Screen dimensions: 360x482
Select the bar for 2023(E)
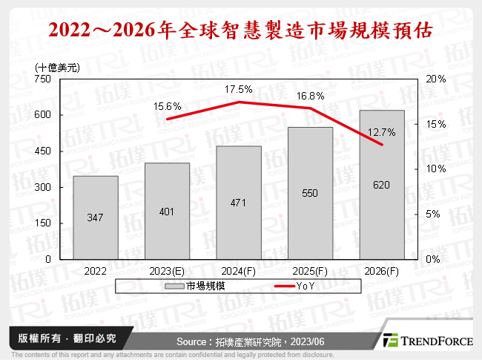[x=167, y=211]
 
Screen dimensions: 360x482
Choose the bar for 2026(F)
[x=382, y=185]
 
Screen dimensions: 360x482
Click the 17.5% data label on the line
[x=239, y=89]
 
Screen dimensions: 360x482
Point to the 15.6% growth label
[x=167, y=107]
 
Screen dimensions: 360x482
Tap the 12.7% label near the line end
[x=382, y=133]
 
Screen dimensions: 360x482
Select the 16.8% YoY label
[x=311, y=96]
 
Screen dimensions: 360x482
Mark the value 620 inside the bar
[x=382, y=186]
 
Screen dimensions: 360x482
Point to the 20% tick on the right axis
[x=436, y=79]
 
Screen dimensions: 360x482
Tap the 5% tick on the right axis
[x=436, y=214]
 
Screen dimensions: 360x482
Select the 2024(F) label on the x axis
[x=239, y=272]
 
